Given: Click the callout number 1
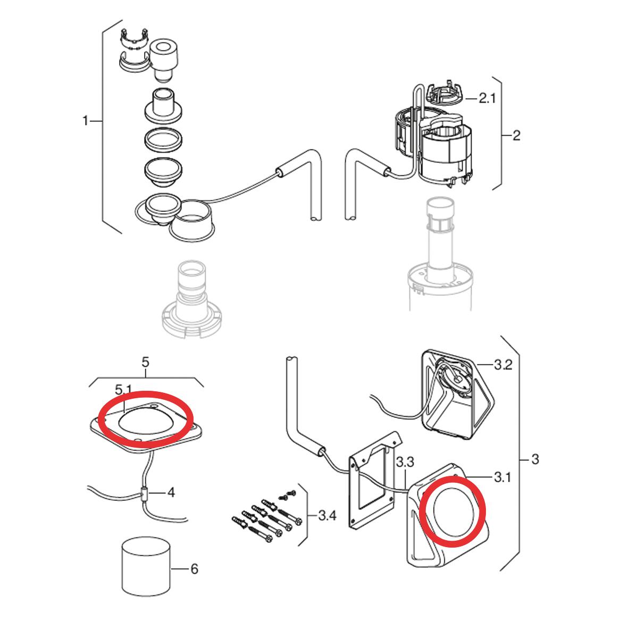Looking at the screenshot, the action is pos(85,121).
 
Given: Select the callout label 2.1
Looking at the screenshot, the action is pos(487,98).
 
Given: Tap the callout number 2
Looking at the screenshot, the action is pos(516,136).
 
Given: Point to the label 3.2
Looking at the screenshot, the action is pos(503,365).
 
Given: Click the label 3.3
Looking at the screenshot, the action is pos(405,462).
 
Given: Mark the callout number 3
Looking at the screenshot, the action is pos(535,459).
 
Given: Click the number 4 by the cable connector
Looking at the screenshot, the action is pos(171,493).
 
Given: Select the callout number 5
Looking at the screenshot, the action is pos(145,362).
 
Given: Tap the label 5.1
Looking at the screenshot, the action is pos(123,390).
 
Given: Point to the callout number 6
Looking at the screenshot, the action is pos(195,569).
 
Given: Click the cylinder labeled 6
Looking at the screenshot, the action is pos(147,570).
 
